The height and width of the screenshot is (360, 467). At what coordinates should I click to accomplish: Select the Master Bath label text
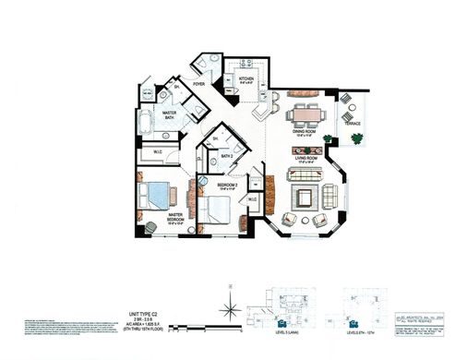(x=171, y=115)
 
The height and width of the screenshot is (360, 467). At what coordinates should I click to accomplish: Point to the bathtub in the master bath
(x=146, y=125)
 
